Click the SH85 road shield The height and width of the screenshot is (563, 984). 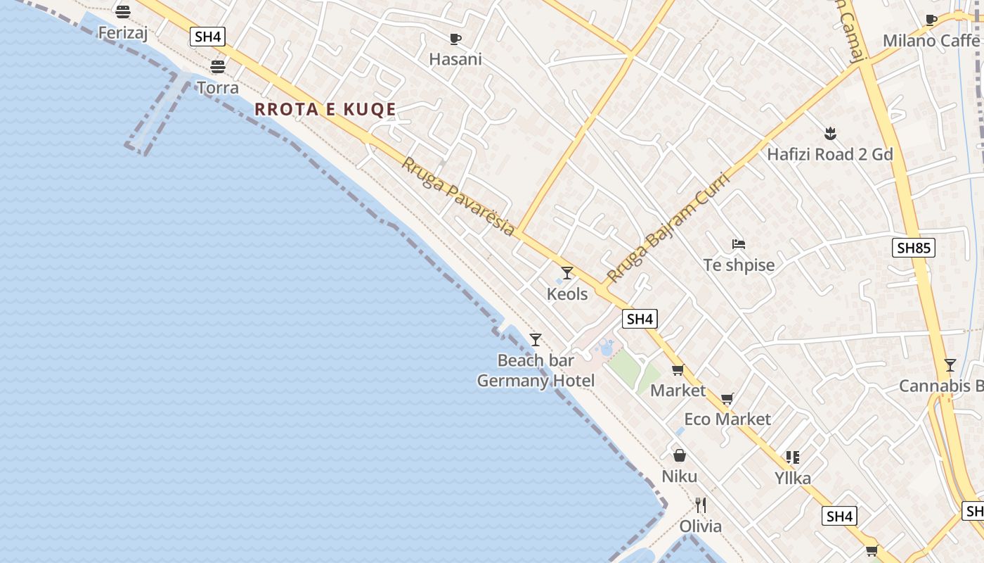pyautogui.click(x=914, y=248)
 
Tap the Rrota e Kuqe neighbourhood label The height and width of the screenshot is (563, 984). pyautogui.click(x=325, y=109)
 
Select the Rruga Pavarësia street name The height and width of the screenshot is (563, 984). pyautogui.click(x=458, y=196)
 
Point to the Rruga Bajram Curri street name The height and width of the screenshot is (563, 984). pyautogui.click(x=668, y=227)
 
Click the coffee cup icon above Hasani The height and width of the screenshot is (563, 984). pyautogui.click(x=455, y=39)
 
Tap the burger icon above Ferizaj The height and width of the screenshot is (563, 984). pyautogui.click(x=123, y=12)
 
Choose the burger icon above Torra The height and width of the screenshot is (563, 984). pyautogui.click(x=218, y=66)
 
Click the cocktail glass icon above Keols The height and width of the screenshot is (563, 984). pyautogui.click(x=567, y=272)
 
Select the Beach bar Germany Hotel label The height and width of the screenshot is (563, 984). pyautogui.click(x=536, y=371)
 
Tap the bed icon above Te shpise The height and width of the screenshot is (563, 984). pyautogui.click(x=739, y=244)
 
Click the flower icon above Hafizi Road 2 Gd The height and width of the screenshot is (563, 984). pyautogui.click(x=830, y=133)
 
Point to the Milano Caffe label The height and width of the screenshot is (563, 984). pyautogui.click(x=931, y=41)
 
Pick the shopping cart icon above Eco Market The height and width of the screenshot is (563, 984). pyautogui.click(x=727, y=398)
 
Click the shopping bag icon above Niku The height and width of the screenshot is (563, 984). pyautogui.click(x=680, y=455)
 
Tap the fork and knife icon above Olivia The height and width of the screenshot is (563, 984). pyautogui.click(x=700, y=505)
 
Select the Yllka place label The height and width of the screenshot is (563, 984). pyautogui.click(x=793, y=479)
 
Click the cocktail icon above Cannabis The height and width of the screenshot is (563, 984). pyautogui.click(x=950, y=365)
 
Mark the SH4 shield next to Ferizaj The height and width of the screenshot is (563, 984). pyautogui.click(x=207, y=37)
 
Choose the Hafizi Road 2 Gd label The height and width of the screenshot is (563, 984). pyautogui.click(x=829, y=154)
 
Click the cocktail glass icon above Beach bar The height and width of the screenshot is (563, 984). pyautogui.click(x=536, y=340)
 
